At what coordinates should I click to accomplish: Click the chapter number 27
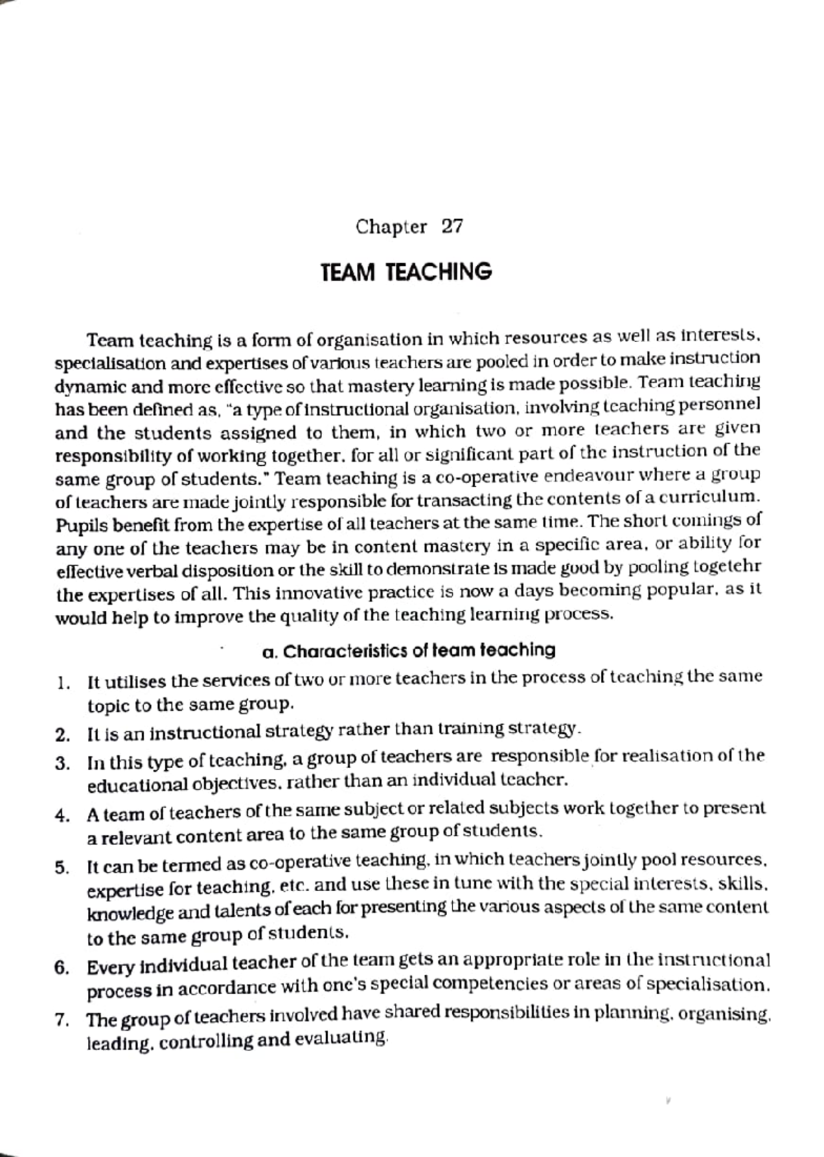pyautogui.click(x=452, y=227)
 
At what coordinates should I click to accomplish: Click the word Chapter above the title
pyautogui.click(x=391, y=227)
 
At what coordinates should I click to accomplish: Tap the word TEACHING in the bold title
pyautogui.click(x=438, y=273)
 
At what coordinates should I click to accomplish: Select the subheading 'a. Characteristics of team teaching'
pyautogui.click(x=409, y=650)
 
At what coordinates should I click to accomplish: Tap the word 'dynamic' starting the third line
pyautogui.click(x=82, y=387)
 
